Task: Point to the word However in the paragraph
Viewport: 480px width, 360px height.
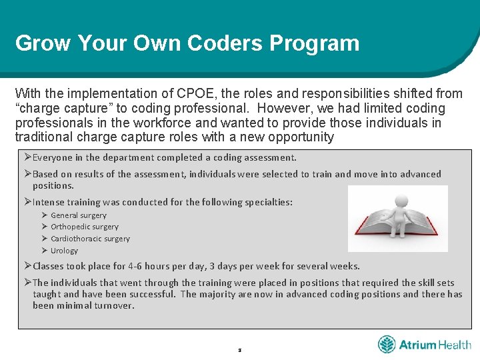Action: pos(284,108)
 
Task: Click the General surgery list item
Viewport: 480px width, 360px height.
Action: pos(79,215)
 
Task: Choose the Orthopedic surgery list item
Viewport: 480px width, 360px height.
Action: pos(85,227)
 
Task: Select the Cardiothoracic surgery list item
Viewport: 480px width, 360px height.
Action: pos(91,239)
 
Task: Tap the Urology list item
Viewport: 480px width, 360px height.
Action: pos(65,251)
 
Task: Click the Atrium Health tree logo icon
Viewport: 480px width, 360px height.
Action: pos(387,345)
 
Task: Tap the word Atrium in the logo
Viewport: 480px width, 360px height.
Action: pos(417,345)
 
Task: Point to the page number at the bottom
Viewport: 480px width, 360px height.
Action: pos(239,349)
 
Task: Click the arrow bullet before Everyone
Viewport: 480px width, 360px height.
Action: pos(27,157)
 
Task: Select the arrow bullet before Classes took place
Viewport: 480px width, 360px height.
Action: pos(27,265)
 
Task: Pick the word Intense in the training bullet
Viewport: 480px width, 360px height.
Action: pos(47,202)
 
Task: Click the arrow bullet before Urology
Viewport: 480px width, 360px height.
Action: pos(44,251)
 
